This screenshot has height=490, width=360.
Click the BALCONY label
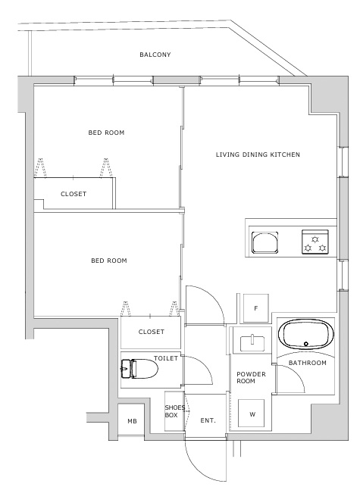[155, 55]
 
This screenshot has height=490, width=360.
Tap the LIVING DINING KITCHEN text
[258, 154]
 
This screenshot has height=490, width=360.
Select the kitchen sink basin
[265, 242]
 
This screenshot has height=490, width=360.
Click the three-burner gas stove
[315, 242]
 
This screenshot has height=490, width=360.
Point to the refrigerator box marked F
[256, 308]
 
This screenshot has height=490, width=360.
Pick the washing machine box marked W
[252, 414]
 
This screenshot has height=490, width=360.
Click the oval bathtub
[306, 334]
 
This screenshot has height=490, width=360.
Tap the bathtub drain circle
[306, 344]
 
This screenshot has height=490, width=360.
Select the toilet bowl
[139, 369]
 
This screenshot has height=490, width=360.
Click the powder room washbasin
[252, 344]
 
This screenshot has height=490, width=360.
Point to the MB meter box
[132, 421]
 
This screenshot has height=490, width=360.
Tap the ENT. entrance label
[208, 420]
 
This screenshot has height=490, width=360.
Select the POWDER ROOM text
[251, 377]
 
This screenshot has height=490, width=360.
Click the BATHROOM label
[308, 363]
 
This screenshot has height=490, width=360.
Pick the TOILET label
[166, 358]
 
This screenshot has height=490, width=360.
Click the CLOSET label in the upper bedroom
[74, 194]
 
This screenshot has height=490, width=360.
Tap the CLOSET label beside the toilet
[152, 332]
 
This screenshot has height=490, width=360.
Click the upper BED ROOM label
[106, 133]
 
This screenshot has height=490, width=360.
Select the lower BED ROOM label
[109, 261]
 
